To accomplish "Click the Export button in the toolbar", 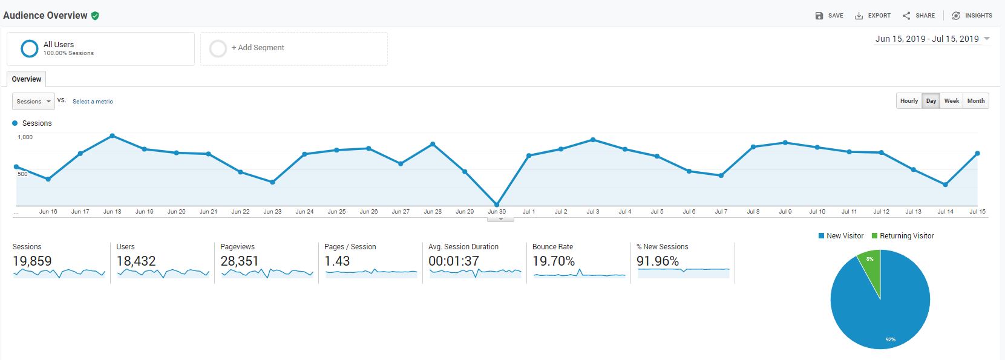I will [x=872, y=16].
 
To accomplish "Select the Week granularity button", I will [x=952, y=101].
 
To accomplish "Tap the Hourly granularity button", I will [x=909, y=101].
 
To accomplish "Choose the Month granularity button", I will [x=975, y=101].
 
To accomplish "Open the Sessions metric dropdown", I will [x=33, y=102].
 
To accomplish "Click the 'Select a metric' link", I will [x=93, y=102].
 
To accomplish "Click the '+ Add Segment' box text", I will [x=258, y=48].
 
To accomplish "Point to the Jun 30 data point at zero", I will [x=497, y=205].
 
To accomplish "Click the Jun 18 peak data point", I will [x=113, y=136].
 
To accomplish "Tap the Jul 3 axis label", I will [x=592, y=212].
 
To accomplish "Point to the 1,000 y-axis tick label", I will [x=25, y=137].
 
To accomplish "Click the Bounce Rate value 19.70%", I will [x=553, y=261].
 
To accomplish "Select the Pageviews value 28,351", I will [x=239, y=261].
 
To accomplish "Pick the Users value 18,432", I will [x=136, y=261].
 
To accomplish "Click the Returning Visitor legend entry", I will [x=902, y=236].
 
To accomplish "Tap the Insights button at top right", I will [x=972, y=16].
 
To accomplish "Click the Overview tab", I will [x=27, y=79].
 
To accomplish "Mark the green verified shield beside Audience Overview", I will [x=95, y=16].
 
